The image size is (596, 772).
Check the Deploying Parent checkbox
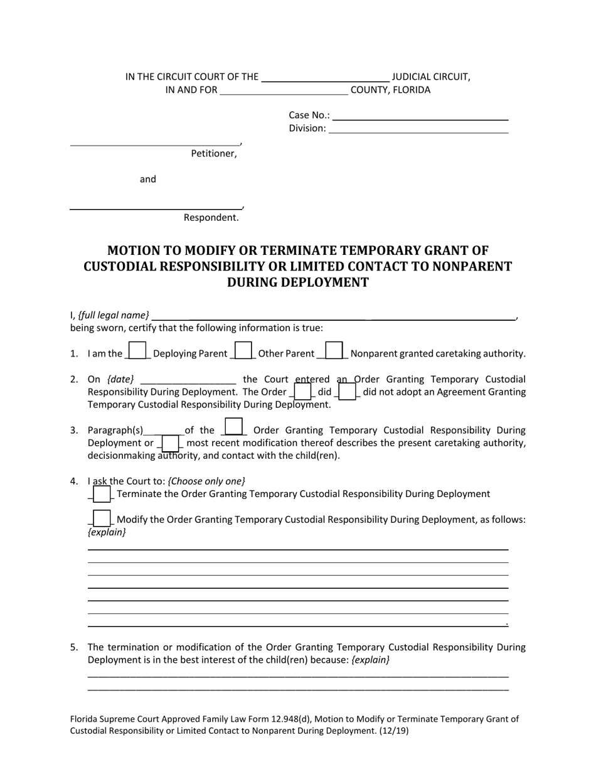tap(137, 350)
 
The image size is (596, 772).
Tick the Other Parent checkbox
tap(243, 350)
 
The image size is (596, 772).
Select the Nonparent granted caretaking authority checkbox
tap(334, 350)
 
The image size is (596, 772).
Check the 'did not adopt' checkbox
tap(347, 391)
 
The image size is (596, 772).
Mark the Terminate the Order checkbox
tap(102, 494)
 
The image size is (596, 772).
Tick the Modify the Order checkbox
tap(102, 519)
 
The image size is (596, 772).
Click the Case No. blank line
tap(420, 115)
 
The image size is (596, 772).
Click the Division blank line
tap(418, 128)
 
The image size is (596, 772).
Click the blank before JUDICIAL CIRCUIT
tap(325, 77)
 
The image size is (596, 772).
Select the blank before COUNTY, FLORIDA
tap(284, 90)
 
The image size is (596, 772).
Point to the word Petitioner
tap(213, 154)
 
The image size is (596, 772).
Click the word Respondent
tap(211, 218)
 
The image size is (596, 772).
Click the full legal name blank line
tap(333, 315)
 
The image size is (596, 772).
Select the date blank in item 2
tap(188, 379)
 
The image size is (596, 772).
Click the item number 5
tap(74, 647)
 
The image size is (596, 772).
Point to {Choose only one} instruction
tap(206, 481)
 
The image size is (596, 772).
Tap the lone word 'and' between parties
tap(148, 180)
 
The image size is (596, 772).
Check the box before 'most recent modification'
tap(170, 443)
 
